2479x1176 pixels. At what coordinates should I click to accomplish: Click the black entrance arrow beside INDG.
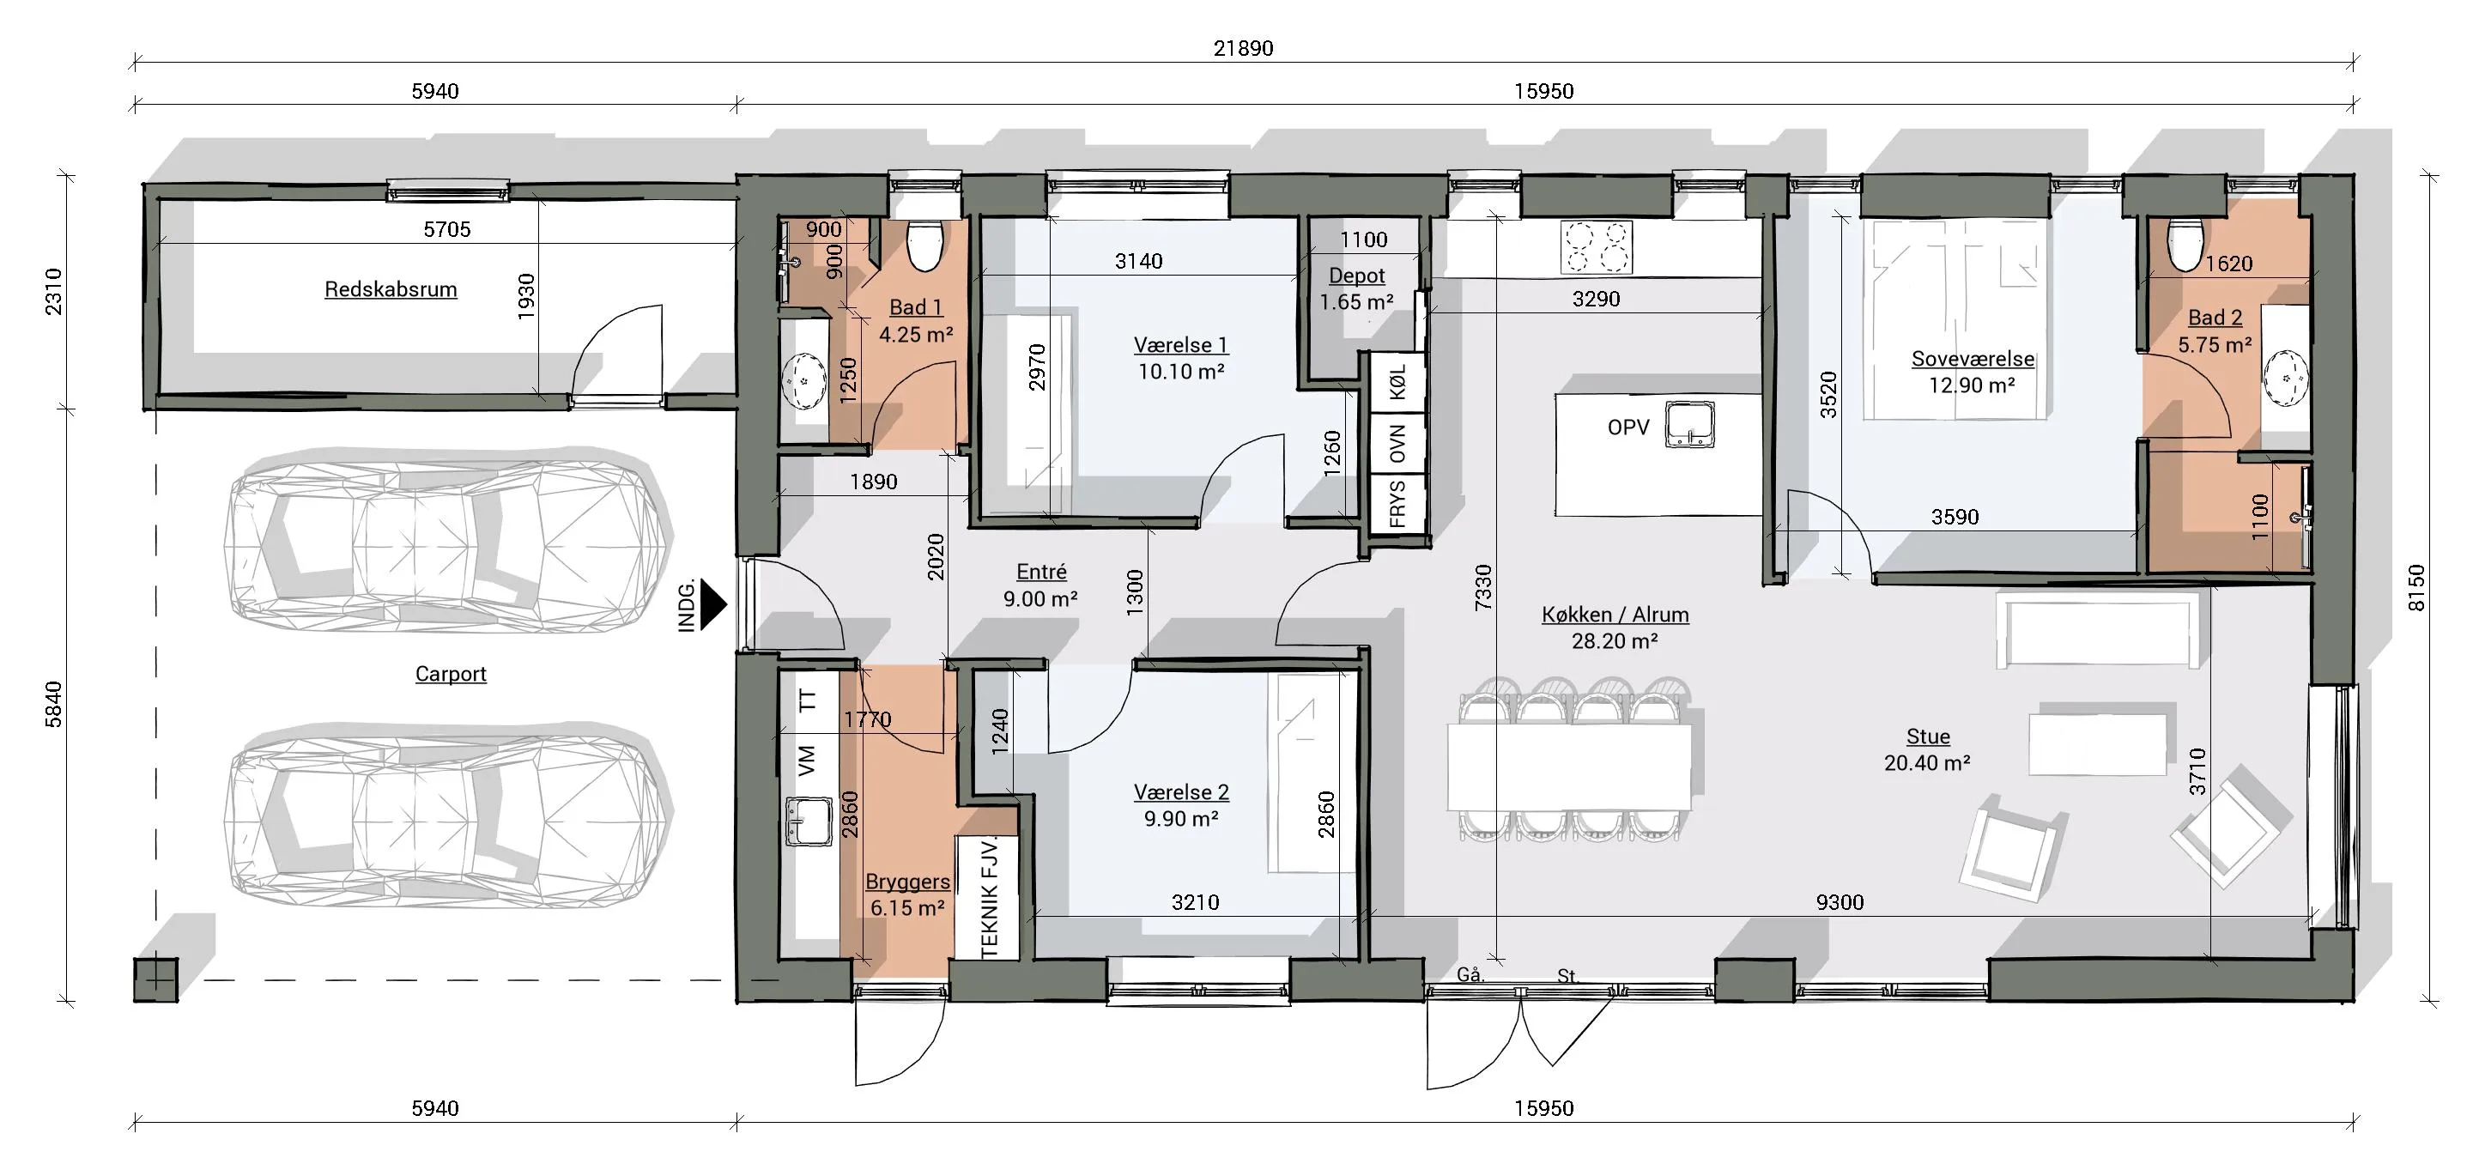[x=712, y=604]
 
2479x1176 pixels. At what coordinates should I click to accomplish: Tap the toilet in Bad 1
[x=926, y=247]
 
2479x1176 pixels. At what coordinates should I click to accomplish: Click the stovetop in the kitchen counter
[x=1597, y=247]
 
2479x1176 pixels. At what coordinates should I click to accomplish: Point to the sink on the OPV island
[x=1690, y=424]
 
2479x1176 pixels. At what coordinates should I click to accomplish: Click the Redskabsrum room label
[x=391, y=288]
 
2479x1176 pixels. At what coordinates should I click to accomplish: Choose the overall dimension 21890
[x=1242, y=48]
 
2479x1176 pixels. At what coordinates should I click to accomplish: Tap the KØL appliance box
[x=1397, y=382]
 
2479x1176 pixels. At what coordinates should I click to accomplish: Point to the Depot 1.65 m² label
[x=1356, y=288]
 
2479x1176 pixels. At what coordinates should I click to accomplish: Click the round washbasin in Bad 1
[x=803, y=382]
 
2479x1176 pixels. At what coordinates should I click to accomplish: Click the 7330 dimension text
[x=1482, y=586]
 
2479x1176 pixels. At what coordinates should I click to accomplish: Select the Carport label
[x=451, y=674]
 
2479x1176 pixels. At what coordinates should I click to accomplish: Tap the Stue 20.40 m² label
[x=1928, y=749]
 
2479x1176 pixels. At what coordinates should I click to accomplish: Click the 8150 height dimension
[x=2416, y=587]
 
